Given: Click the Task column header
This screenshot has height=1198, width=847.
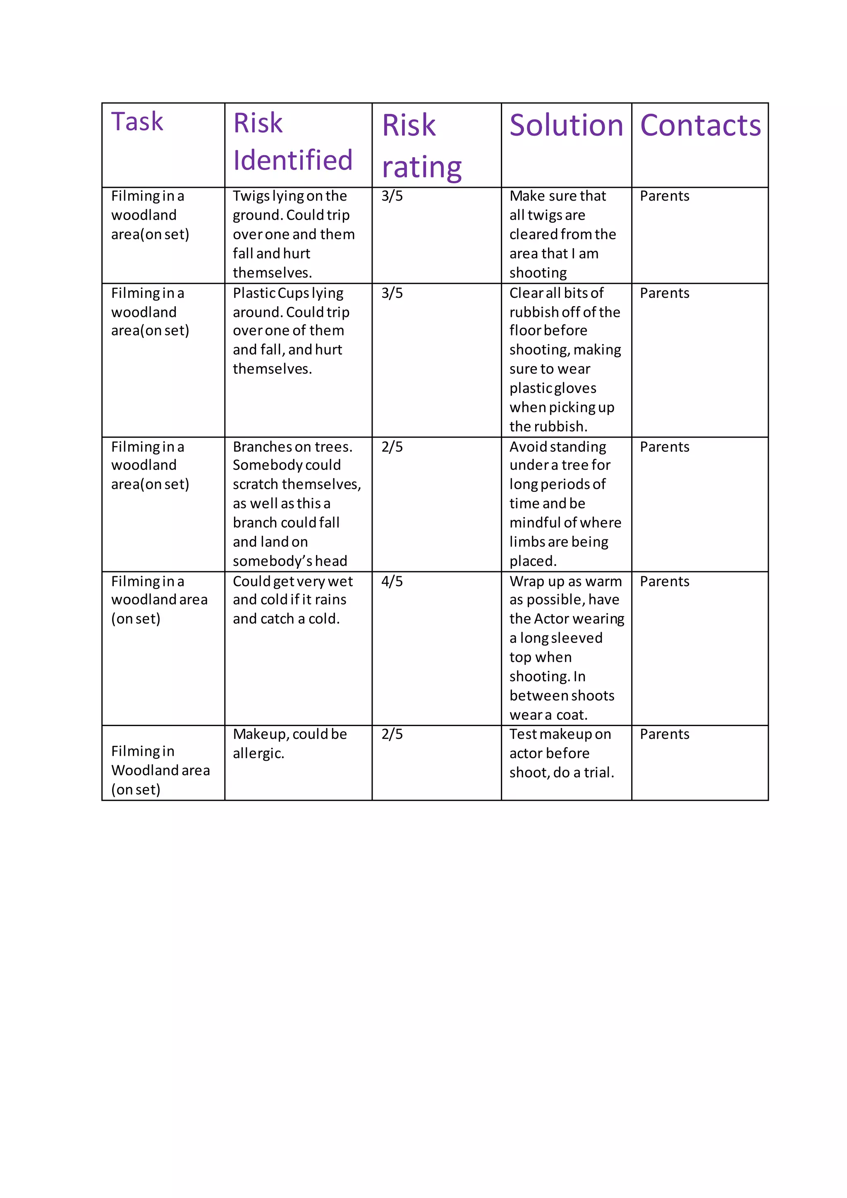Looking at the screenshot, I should [137, 122].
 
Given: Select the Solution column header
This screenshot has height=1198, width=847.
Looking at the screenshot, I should [567, 126].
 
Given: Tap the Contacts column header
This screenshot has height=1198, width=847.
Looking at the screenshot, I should [700, 126].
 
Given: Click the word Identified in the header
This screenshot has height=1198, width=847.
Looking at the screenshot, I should [292, 160].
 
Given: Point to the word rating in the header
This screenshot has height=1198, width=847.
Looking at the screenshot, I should [421, 168].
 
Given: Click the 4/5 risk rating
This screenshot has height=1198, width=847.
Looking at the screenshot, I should [392, 581].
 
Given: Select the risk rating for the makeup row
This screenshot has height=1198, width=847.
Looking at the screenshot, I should [392, 734].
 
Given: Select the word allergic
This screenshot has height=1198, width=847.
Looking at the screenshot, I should [258, 753].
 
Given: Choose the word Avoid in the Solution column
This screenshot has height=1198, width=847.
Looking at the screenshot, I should [528, 447].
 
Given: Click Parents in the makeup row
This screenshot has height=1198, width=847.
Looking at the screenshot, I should [665, 734].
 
